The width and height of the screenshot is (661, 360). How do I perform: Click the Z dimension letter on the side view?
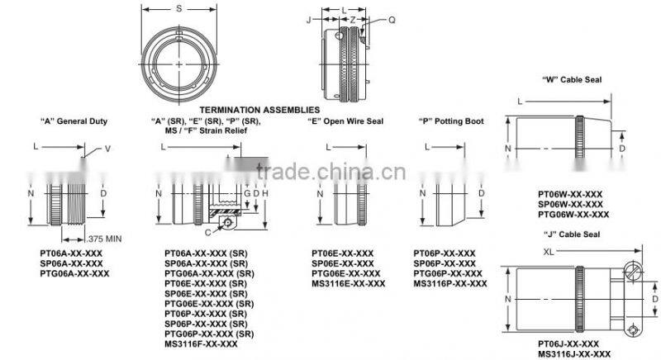point(351,19)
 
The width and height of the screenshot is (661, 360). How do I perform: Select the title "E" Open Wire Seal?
point(345,121)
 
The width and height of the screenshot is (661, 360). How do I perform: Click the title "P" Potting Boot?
point(451,121)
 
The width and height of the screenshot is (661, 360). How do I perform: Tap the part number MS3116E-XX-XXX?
point(348,283)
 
